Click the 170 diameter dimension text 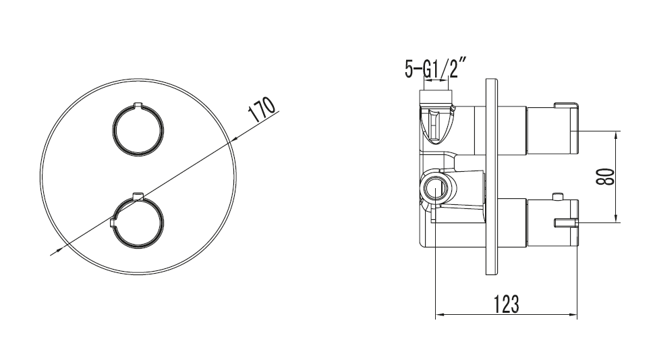click(262, 109)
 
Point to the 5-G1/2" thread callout click(434, 68)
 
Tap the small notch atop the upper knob click(138, 104)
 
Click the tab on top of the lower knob click(138, 196)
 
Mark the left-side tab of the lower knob click(113, 222)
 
